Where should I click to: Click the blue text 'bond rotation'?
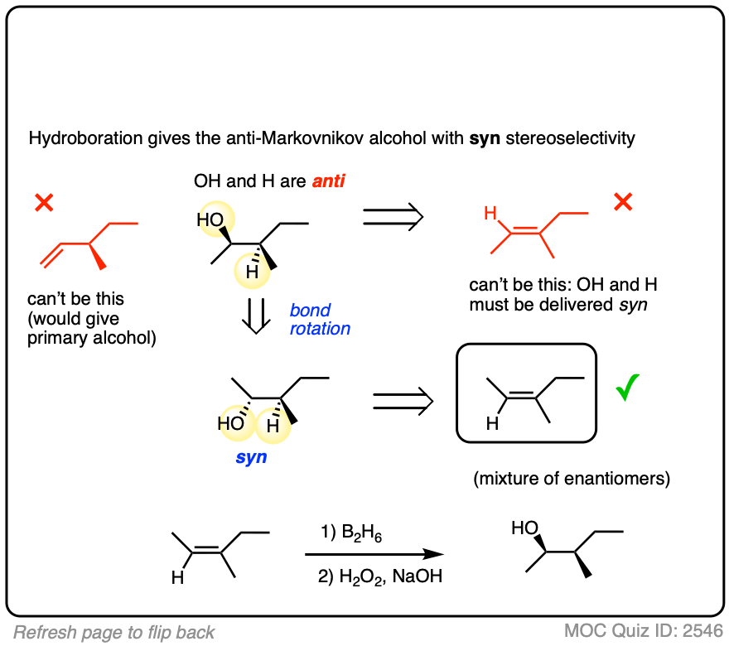click(x=320, y=319)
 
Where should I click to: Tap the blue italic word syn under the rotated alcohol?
click(x=250, y=456)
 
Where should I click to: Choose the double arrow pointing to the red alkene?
click(x=393, y=217)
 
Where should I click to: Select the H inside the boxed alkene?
click(x=492, y=425)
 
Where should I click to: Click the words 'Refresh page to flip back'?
click(x=114, y=632)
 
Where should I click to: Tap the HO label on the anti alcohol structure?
click(x=210, y=220)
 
